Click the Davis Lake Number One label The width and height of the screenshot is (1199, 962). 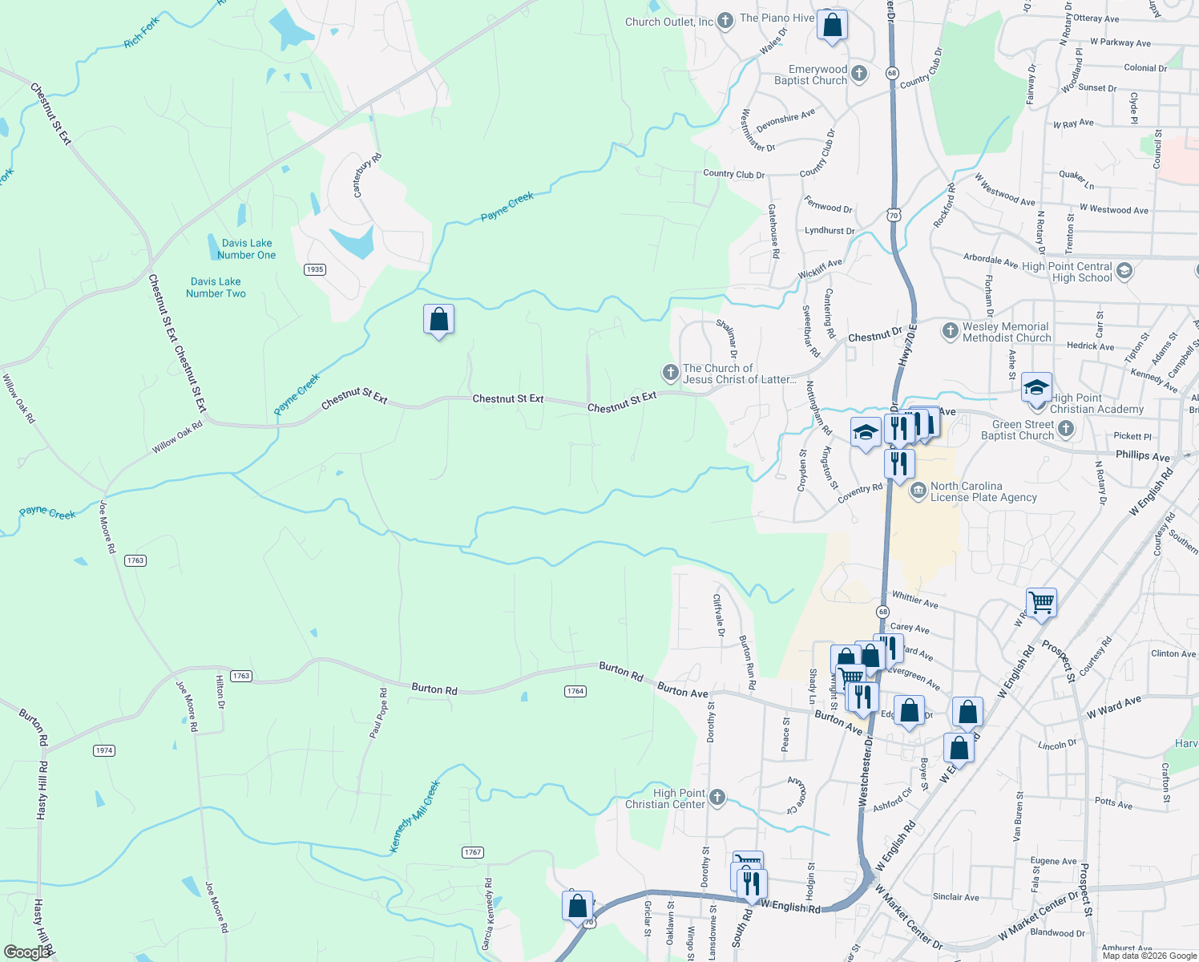tap(247, 249)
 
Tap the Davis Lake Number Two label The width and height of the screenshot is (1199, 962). tap(216, 288)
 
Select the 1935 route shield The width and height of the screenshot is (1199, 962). tap(315, 269)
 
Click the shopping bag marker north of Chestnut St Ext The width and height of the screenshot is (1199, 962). tap(438, 320)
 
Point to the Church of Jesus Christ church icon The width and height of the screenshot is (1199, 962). tap(670, 373)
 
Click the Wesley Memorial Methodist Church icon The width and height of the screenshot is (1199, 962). tap(950, 331)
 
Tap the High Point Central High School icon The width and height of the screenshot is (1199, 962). tap(1124, 271)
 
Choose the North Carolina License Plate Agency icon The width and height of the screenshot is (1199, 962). tap(918, 490)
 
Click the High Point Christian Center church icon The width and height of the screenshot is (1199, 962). tap(717, 797)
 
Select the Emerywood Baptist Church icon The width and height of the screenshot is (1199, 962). tap(858, 74)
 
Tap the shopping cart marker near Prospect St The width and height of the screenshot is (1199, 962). tap(1041, 602)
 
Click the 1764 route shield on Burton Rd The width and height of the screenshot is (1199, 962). tap(575, 691)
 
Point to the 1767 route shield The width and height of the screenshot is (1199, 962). tap(473, 852)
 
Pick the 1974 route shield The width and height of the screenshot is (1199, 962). tap(104, 750)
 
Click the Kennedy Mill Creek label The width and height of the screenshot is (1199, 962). tap(414, 817)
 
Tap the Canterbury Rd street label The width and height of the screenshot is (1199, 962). tap(368, 176)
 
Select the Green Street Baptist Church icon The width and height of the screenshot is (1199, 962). tap(1065, 429)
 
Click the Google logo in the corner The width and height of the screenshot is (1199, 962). tap(27, 952)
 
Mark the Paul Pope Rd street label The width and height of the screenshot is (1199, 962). tap(378, 713)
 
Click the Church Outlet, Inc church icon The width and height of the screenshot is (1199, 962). tap(725, 21)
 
